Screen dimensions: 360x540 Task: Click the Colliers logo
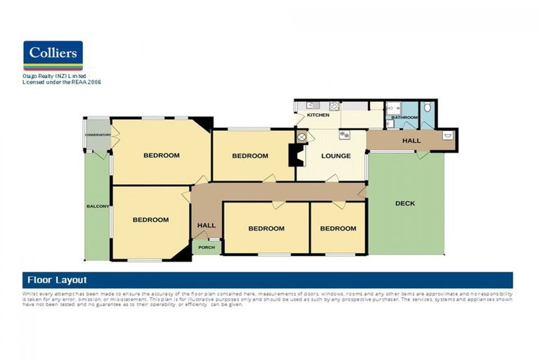point(53,55)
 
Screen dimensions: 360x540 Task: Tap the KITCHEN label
point(318,115)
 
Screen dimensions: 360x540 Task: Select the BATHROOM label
point(405,117)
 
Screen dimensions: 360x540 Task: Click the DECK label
point(405,203)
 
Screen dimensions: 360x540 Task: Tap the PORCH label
point(206,247)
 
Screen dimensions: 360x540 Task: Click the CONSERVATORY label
point(98,134)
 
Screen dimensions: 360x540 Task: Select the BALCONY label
point(97,206)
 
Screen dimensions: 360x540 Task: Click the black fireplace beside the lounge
point(295,155)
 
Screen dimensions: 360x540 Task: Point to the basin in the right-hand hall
point(447,136)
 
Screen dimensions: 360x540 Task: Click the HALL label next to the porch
point(207,225)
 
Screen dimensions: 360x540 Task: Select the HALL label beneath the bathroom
point(411,141)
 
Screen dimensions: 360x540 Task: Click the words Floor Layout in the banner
point(56,280)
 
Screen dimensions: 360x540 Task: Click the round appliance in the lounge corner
point(302,136)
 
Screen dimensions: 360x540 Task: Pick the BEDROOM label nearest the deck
point(337,228)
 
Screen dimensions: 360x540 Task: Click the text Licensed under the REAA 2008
point(63,82)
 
